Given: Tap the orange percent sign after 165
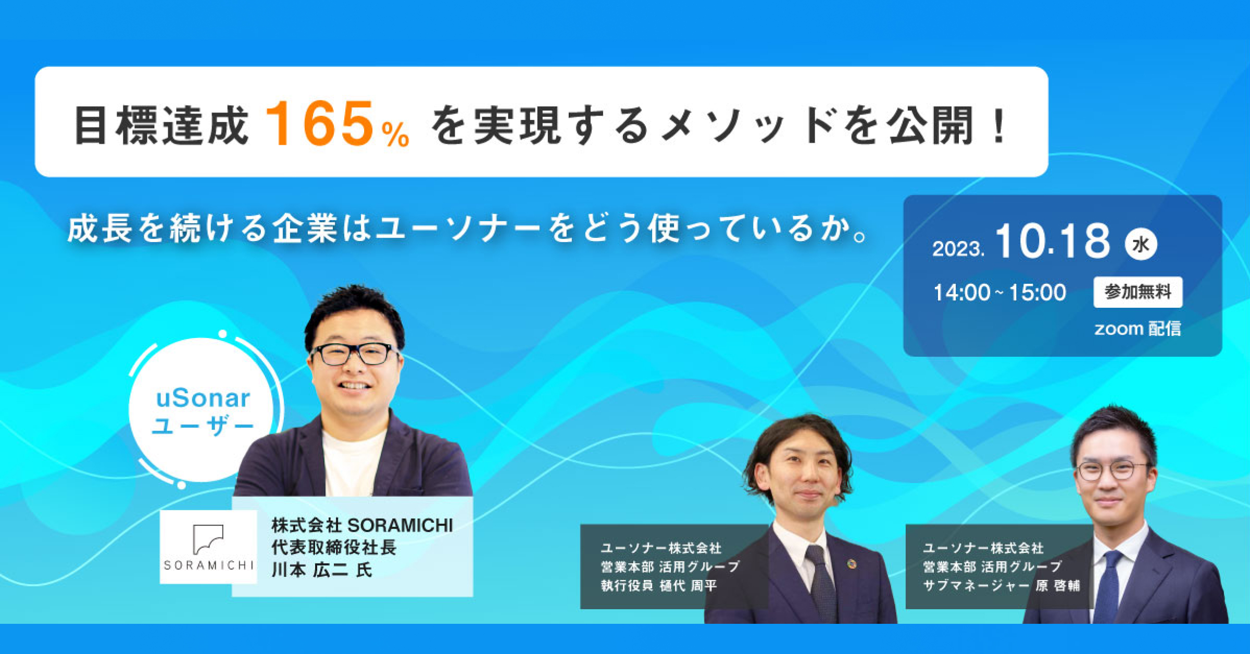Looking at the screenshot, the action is [x=395, y=135].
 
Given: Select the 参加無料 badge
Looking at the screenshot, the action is [x=1137, y=292].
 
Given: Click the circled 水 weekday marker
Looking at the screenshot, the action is [x=1141, y=244].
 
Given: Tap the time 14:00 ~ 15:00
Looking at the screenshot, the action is [x=999, y=293].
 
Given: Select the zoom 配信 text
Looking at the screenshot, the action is [x=1137, y=329].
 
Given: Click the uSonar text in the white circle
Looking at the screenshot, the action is [x=203, y=399].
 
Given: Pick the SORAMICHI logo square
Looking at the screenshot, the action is [x=208, y=547].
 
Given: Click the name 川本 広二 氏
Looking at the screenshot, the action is [x=322, y=570].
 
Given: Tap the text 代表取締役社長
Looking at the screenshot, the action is [x=334, y=547].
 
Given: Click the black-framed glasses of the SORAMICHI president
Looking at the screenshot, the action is [x=354, y=354].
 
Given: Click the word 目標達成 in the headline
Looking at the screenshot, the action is [x=160, y=125].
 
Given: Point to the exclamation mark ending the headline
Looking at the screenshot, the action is [x=999, y=125].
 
